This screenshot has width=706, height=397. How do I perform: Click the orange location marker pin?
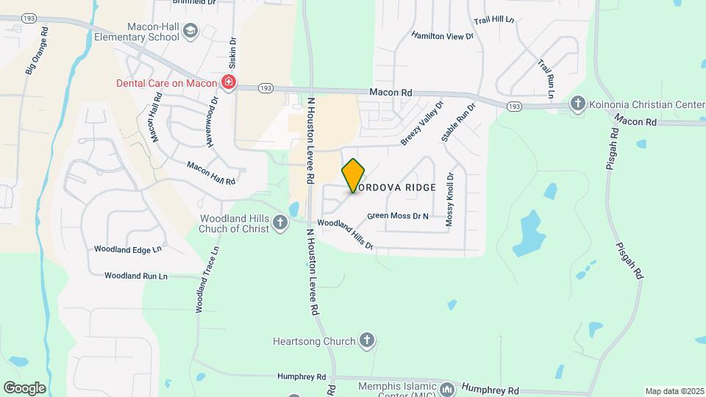[354, 176]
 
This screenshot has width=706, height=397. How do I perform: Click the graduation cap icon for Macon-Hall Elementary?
[190, 31]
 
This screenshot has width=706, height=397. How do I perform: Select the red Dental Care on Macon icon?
[229, 82]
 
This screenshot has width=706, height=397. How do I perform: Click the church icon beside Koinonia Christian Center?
[578, 104]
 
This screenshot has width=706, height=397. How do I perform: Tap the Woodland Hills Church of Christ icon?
[280, 222]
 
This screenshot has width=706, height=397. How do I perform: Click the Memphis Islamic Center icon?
[447, 387]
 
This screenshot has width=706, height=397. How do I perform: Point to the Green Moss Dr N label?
[397, 216]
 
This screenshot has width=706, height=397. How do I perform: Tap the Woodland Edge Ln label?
[127, 249]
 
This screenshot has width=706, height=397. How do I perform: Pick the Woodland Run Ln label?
[136, 276]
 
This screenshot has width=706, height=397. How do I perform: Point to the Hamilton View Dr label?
[441, 35]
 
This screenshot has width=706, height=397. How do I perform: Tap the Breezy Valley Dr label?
[423, 123]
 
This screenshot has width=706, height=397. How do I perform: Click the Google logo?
[24, 387]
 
